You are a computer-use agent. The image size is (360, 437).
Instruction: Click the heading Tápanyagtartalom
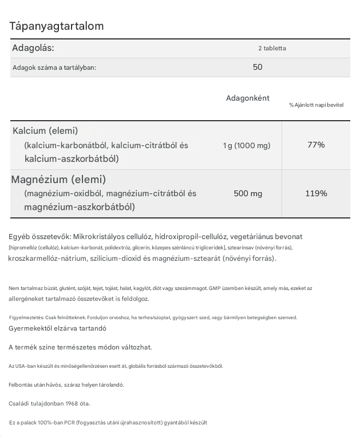point(56,26)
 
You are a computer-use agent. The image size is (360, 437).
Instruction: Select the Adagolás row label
point(33,48)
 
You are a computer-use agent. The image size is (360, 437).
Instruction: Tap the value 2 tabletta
point(272,48)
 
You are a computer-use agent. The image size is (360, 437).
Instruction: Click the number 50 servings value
point(258,67)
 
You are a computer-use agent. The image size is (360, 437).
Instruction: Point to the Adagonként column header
point(247,98)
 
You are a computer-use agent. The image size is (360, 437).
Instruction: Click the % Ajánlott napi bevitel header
point(316,105)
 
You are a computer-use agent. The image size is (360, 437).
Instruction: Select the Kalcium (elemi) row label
point(45,131)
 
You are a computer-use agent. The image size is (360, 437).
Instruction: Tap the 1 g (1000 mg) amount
point(247,145)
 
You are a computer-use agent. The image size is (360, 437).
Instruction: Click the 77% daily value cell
point(316,145)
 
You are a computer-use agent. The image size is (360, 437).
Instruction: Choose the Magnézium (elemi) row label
point(58,180)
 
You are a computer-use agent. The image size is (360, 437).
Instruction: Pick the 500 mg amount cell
point(248,193)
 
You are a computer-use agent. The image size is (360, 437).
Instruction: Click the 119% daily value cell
point(316,193)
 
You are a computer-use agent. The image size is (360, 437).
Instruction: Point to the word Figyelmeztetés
point(26,317)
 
